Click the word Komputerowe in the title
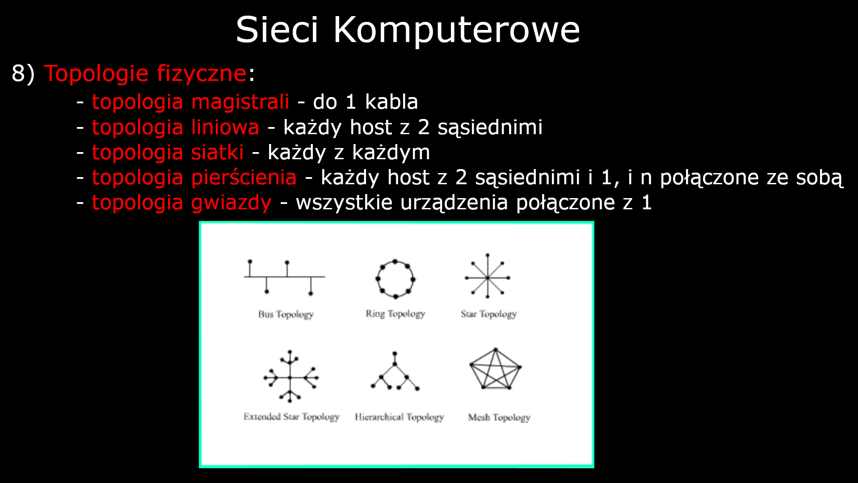tap(456, 30)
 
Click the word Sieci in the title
tap(277, 30)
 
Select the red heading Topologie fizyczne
tap(145, 73)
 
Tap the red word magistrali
tap(240, 102)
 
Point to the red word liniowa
tap(225, 127)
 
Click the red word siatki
tap(217, 153)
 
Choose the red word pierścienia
tap(244, 178)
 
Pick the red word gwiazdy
tap(231, 203)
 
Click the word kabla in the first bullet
tap(391, 102)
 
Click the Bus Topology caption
tap(286, 314)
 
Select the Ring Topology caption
tap(395, 314)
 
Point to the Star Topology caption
tap(488, 314)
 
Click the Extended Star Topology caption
tap(291, 417)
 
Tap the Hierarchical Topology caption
tap(399, 417)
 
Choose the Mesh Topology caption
tap(499, 418)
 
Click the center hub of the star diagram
tap(488, 278)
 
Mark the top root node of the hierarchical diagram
tap(395, 354)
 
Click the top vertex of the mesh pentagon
tap(496, 350)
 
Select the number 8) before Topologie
tap(23, 73)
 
